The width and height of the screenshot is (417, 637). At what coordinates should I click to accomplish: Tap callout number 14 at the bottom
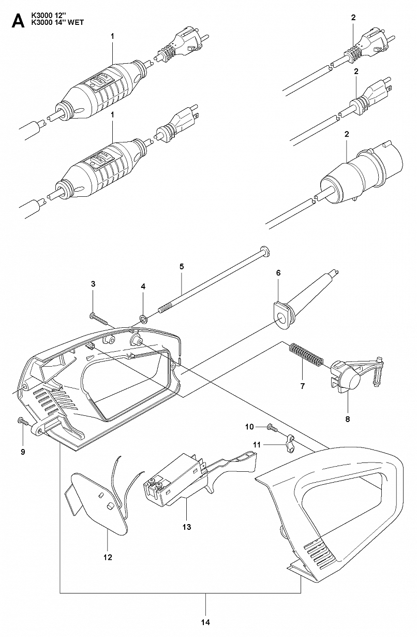205,622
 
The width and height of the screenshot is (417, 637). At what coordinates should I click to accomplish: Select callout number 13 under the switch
187,527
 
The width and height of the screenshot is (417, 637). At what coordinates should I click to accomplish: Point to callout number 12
108,557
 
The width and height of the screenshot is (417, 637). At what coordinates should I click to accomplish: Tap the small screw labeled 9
22,421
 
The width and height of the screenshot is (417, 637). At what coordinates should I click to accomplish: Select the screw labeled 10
272,427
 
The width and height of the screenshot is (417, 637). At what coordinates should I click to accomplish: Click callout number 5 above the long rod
182,266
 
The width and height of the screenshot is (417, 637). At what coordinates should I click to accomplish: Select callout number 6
278,272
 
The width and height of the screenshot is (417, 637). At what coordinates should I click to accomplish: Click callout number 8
347,418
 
